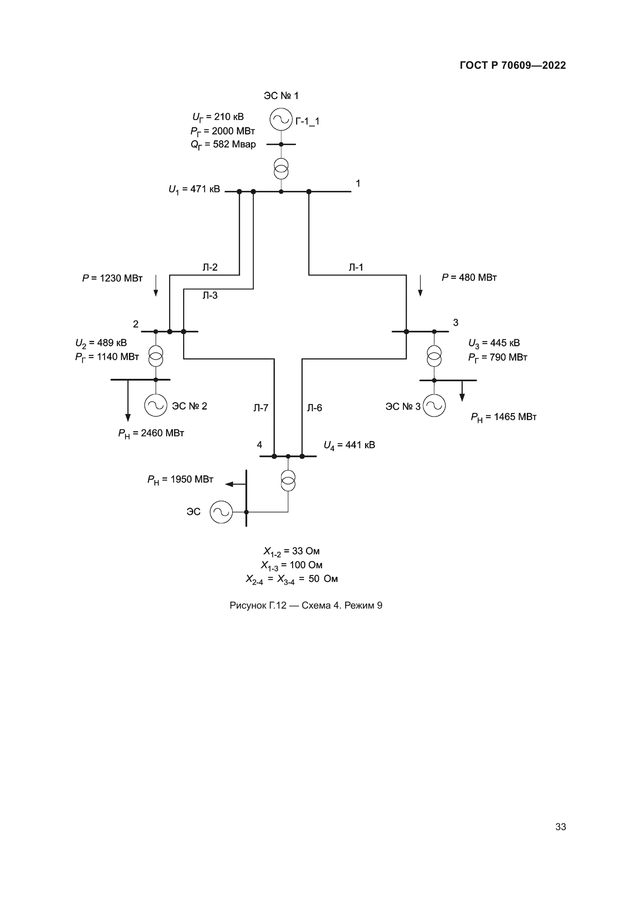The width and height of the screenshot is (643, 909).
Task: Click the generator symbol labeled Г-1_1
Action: click(281, 119)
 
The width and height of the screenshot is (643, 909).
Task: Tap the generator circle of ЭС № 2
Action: click(156, 405)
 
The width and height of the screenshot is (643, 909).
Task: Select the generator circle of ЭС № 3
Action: click(434, 406)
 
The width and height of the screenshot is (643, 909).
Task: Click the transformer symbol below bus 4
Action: click(288, 481)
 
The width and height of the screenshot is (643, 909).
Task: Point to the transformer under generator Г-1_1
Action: click(281, 169)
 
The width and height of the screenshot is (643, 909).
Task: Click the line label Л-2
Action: click(210, 267)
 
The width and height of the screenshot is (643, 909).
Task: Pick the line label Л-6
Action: click(315, 408)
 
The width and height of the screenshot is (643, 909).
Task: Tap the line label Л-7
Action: click(261, 408)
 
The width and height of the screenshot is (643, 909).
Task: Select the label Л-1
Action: click(356, 267)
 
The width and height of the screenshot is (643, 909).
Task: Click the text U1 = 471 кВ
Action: click(194, 190)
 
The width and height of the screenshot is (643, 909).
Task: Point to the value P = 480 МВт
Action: click(469, 277)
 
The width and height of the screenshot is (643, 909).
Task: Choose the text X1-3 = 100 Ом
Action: click(292, 565)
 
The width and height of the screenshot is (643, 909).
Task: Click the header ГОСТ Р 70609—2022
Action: click(512, 65)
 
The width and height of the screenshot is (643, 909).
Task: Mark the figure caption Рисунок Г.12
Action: click(306, 605)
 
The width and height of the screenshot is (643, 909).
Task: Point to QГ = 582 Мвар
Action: click(223, 145)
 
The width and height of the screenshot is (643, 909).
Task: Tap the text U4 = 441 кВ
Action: click(349, 445)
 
